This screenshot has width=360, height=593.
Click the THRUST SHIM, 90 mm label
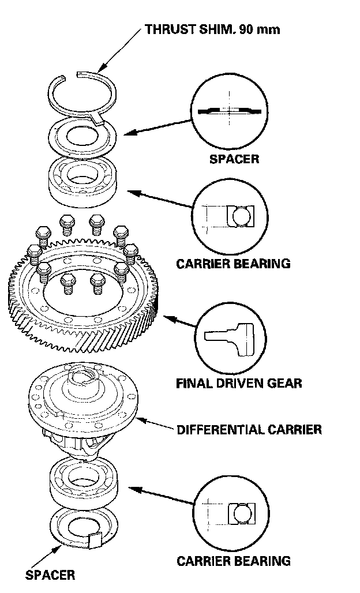(x=212, y=29)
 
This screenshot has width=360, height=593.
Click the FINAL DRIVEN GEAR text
(x=239, y=383)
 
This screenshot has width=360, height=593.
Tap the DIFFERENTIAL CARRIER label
(x=249, y=430)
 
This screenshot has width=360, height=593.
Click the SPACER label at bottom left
(x=50, y=575)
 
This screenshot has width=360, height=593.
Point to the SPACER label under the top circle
(x=234, y=159)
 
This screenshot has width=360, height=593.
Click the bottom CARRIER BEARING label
(x=233, y=561)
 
